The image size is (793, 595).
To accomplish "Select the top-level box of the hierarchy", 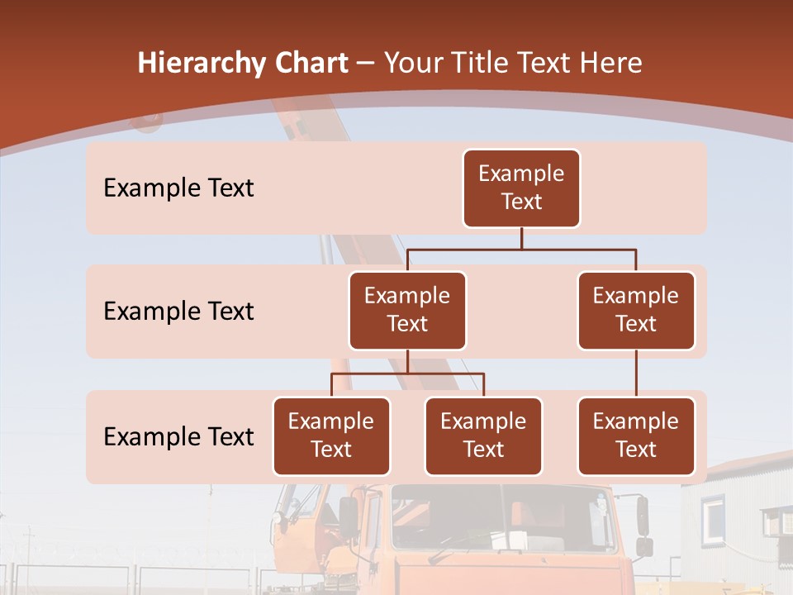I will [521, 188].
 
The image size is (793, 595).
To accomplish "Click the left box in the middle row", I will [407, 311].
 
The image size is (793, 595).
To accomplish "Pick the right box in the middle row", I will [636, 311].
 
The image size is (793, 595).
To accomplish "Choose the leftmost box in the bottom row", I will [331, 436].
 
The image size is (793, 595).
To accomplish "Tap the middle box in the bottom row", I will [483, 436].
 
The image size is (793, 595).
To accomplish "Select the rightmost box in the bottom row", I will [636, 436].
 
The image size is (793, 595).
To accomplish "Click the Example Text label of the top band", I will [178, 188].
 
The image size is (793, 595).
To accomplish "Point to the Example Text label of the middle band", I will [178, 312].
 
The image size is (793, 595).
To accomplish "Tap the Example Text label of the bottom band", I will [178, 436].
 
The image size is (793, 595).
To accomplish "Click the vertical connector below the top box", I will [521, 238].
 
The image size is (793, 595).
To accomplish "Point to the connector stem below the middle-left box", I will [407, 361].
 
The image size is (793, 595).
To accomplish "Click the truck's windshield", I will [504, 521].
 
